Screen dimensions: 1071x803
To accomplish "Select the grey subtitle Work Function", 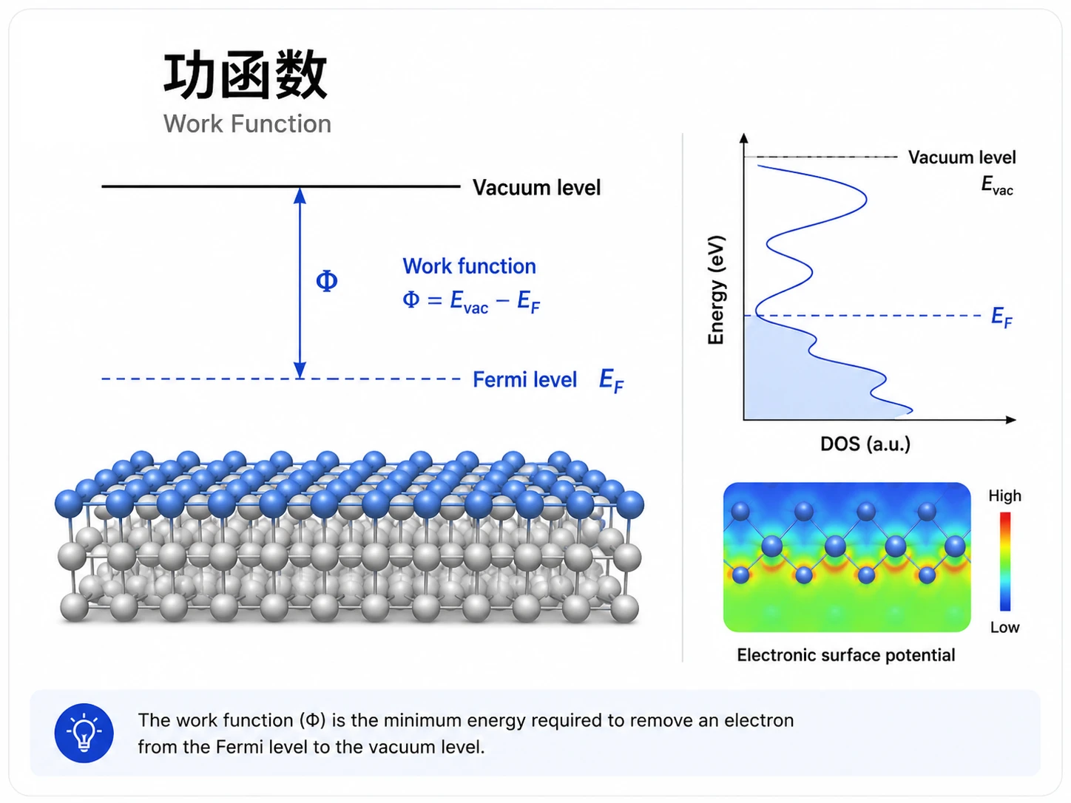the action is (x=247, y=123).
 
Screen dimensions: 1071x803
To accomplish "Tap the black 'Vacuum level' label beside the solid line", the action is (x=536, y=188).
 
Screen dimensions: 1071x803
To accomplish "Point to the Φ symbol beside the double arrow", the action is (x=326, y=281).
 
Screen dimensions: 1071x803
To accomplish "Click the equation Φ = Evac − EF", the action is (x=471, y=301).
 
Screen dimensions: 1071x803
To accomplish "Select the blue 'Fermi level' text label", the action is (x=524, y=379).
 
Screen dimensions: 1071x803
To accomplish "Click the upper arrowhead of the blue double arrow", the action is (x=300, y=196).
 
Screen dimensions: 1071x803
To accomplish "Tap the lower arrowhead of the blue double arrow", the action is (x=300, y=370).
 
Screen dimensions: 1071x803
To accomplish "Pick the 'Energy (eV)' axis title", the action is (x=716, y=290).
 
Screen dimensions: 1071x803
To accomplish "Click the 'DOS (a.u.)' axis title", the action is (x=865, y=444).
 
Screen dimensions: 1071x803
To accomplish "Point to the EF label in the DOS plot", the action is (x=1001, y=317).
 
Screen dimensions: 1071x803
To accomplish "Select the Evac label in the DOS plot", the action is (x=997, y=186).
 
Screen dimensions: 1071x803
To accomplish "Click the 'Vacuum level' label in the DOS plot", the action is (x=962, y=157).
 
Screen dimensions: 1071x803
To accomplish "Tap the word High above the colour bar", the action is (x=1004, y=496).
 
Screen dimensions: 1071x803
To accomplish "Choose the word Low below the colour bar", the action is (x=1004, y=627).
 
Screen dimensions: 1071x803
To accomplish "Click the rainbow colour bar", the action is (x=1004, y=561).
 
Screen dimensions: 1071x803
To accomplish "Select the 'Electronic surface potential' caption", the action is (x=845, y=655).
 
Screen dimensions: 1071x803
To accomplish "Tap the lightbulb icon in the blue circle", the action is (x=84, y=733).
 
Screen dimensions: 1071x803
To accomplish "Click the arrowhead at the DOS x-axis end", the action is (x=1010, y=420).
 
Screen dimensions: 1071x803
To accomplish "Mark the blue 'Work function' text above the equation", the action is (x=469, y=266).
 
